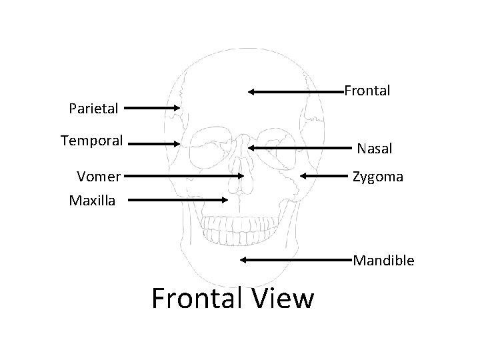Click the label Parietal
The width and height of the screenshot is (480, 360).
click(x=94, y=107)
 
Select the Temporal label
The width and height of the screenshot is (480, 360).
click(x=92, y=141)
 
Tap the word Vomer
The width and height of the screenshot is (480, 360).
click(x=99, y=177)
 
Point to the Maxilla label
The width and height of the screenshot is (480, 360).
click(x=92, y=199)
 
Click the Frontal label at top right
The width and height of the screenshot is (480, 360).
click(x=367, y=90)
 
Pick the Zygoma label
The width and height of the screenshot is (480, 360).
click(x=377, y=177)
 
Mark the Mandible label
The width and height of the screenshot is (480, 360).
click(x=383, y=260)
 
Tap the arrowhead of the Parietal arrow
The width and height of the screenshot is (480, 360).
click(x=178, y=107)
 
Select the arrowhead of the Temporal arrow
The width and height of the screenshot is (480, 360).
click(x=178, y=143)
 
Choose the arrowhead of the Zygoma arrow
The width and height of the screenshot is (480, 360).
click(x=302, y=176)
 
